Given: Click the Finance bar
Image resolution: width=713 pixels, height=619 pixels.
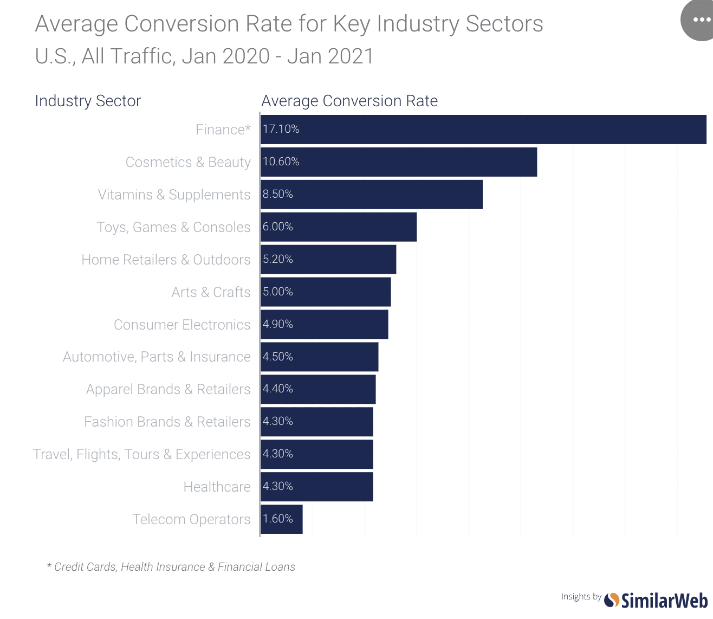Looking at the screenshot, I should click(483, 130).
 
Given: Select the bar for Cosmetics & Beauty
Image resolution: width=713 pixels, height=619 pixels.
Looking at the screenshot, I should click(399, 162).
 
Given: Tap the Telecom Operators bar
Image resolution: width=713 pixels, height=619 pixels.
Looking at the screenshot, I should click(282, 519).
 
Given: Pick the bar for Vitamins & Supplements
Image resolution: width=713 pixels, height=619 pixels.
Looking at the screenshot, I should click(372, 195).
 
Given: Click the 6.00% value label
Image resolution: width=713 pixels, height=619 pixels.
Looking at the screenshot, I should click(278, 227).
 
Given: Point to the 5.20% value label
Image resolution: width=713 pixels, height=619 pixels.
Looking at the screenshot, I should click(278, 259).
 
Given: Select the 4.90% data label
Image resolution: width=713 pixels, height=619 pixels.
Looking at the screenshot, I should click(278, 324).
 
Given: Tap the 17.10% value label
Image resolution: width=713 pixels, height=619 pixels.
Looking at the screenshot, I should click(281, 129).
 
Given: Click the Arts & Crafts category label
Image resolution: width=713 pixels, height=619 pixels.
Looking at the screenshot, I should click(211, 292).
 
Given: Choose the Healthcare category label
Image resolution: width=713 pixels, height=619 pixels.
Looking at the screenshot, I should click(217, 487).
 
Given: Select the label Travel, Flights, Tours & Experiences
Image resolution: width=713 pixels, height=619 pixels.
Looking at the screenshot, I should click(142, 454).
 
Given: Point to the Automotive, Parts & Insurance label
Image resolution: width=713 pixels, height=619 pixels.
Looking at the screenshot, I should click(157, 357).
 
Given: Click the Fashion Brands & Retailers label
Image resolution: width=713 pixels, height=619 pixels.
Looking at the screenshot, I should click(167, 422).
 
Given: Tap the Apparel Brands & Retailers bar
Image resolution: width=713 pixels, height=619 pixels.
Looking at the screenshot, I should click(318, 389).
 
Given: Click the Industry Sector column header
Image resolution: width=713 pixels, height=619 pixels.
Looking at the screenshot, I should click(88, 101).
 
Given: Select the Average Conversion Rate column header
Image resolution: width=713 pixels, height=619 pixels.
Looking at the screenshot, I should click(349, 101).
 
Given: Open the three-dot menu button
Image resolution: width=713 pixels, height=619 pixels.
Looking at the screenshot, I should click(700, 20).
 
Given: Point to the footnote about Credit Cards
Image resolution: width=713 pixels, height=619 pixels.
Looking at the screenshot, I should click(171, 567).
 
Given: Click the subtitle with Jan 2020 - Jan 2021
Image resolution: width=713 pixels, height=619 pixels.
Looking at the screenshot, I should click(204, 56).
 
